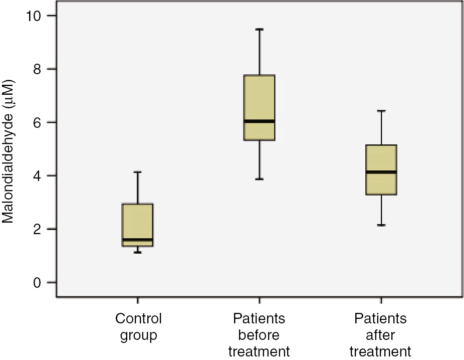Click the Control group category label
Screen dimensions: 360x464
pos(138,327)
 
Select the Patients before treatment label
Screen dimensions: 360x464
pos(259,334)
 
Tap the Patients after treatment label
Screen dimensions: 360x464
pos(381,334)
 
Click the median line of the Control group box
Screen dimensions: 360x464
pos(138,239)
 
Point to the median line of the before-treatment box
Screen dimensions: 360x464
pos(259,121)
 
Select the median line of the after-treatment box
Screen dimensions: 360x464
pos(381,172)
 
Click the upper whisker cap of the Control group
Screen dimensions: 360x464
pos(138,172)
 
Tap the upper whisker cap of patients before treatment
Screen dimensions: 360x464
pos(259,29)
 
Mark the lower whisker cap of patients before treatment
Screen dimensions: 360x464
pos(259,179)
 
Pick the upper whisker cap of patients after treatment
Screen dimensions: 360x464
pos(381,111)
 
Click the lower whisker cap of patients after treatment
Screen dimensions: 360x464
pos(381,226)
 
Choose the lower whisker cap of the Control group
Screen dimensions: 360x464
pos(138,252)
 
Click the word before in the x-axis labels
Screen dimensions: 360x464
pos(259,334)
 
